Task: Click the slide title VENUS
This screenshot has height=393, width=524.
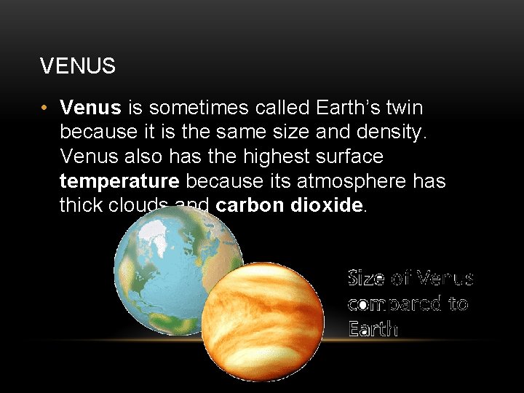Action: click(x=78, y=66)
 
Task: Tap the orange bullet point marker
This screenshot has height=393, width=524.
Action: click(x=45, y=108)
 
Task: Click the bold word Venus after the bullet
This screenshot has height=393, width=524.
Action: click(x=90, y=108)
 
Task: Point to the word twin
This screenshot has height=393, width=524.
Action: click(x=404, y=108)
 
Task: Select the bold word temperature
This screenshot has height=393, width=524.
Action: click(x=119, y=180)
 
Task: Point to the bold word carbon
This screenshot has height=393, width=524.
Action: click(x=250, y=205)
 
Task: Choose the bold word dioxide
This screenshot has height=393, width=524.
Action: click(x=326, y=205)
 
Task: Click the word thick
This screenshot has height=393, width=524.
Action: click(x=82, y=205)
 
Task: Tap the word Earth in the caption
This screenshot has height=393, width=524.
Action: click(x=373, y=328)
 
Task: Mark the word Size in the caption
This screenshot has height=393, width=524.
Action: click(x=366, y=278)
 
